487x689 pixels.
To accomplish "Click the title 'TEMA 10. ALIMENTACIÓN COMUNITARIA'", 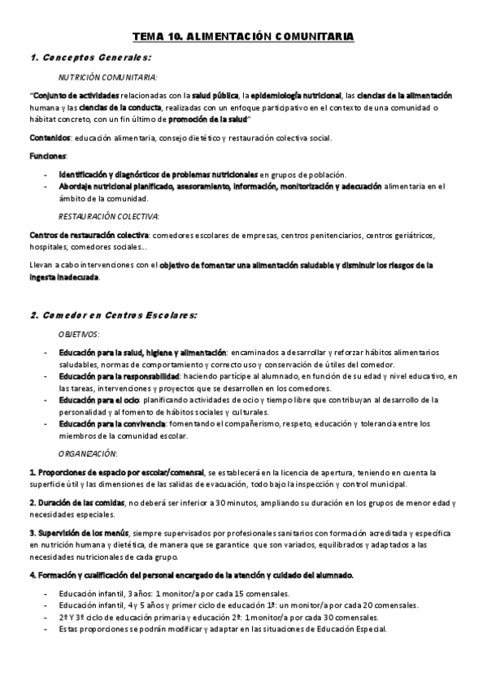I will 243,37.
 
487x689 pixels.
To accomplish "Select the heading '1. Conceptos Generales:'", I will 90,58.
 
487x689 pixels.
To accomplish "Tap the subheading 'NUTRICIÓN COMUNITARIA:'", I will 107,78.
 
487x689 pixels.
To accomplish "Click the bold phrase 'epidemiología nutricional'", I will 294,96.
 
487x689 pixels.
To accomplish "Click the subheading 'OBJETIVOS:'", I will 80,334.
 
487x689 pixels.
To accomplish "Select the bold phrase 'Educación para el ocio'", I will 98,400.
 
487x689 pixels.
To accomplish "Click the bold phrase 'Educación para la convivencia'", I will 111,423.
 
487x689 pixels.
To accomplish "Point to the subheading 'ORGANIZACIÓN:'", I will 89,453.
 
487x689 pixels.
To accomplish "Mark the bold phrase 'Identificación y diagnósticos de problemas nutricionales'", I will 158,174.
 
